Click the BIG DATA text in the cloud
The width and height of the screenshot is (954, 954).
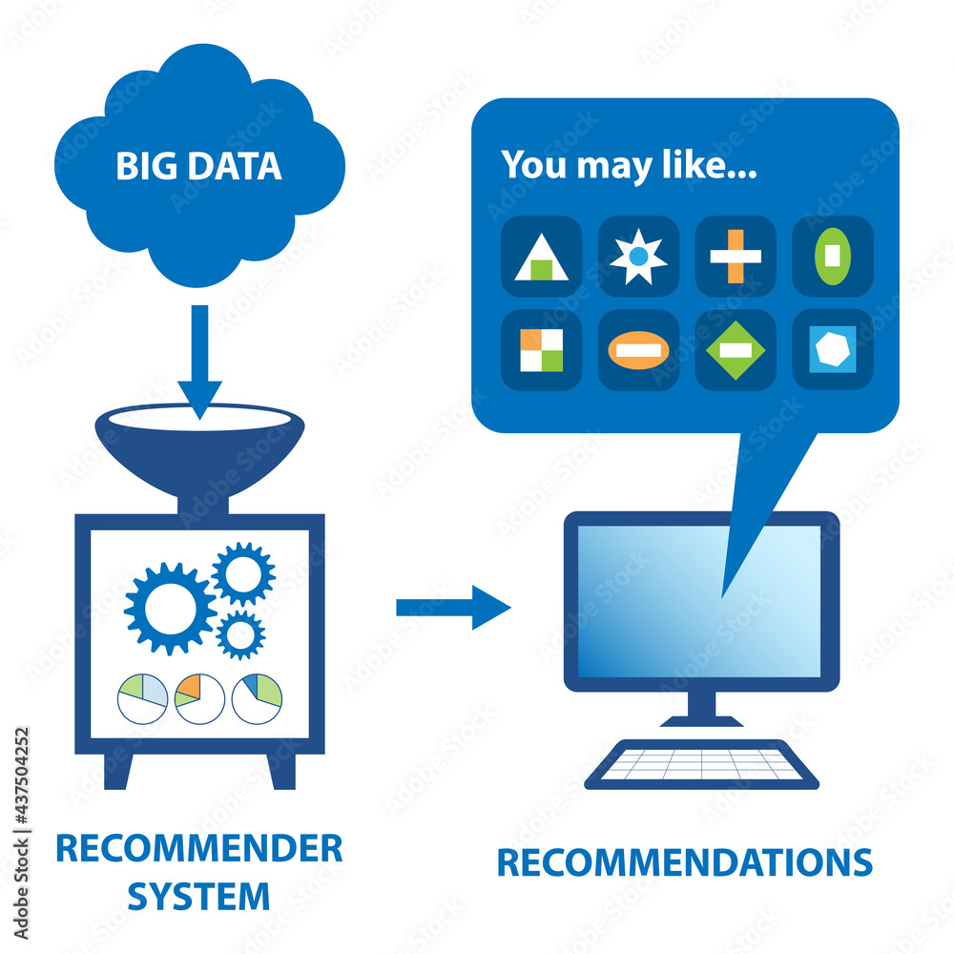(198, 166)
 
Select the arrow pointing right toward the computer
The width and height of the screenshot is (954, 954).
(453, 607)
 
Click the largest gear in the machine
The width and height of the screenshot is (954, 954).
(170, 608)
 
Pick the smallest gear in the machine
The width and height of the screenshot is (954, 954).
(240, 634)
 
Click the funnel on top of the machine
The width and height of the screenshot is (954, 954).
(199, 448)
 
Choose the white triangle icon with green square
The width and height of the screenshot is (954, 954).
(541, 258)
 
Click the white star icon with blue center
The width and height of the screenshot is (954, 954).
(638, 257)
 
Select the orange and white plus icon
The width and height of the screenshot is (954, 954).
(736, 256)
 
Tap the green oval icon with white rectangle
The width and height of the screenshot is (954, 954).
(833, 256)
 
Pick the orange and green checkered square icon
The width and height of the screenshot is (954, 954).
(541, 350)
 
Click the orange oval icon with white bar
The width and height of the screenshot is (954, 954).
(638, 350)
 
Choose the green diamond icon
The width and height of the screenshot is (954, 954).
(736, 350)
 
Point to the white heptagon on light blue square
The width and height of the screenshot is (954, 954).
(833, 350)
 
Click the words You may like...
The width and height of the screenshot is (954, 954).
(629, 164)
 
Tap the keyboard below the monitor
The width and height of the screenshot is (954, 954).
(701, 764)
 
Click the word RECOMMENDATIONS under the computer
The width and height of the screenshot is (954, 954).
(684, 862)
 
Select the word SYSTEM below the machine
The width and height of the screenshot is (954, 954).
(198, 896)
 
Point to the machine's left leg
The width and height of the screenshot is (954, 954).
(116, 768)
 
